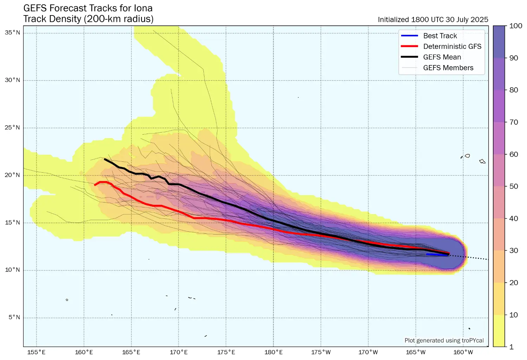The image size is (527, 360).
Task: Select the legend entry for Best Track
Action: [x=440, y=36]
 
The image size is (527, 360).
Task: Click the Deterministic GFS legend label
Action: [x=452, y=46]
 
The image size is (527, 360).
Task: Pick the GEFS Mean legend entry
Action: [x=442, y=57]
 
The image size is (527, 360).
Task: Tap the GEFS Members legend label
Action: [x=448, y=68]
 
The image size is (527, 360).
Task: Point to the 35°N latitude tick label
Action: [x=12, y=33]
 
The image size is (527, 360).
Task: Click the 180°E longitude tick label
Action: [x=273, y=352]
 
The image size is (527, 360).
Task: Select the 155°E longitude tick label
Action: [x=36, y=352]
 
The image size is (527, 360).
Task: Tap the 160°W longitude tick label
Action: [x=463, y=352]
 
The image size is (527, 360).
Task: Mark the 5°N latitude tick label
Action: [x=14, y=317]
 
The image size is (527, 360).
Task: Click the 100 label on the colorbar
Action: [x=516, y=26]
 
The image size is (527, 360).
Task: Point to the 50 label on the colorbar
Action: [x=514, y=186]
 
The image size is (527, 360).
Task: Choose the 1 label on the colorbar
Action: [x=512, y=347]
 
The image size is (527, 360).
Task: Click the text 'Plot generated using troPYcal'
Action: [x=444, y=340]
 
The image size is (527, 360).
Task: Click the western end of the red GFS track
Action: [x=95, y=185]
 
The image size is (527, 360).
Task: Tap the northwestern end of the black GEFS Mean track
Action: [x=105, y=159]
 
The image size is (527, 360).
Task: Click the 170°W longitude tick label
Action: [x=368, y=352]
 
